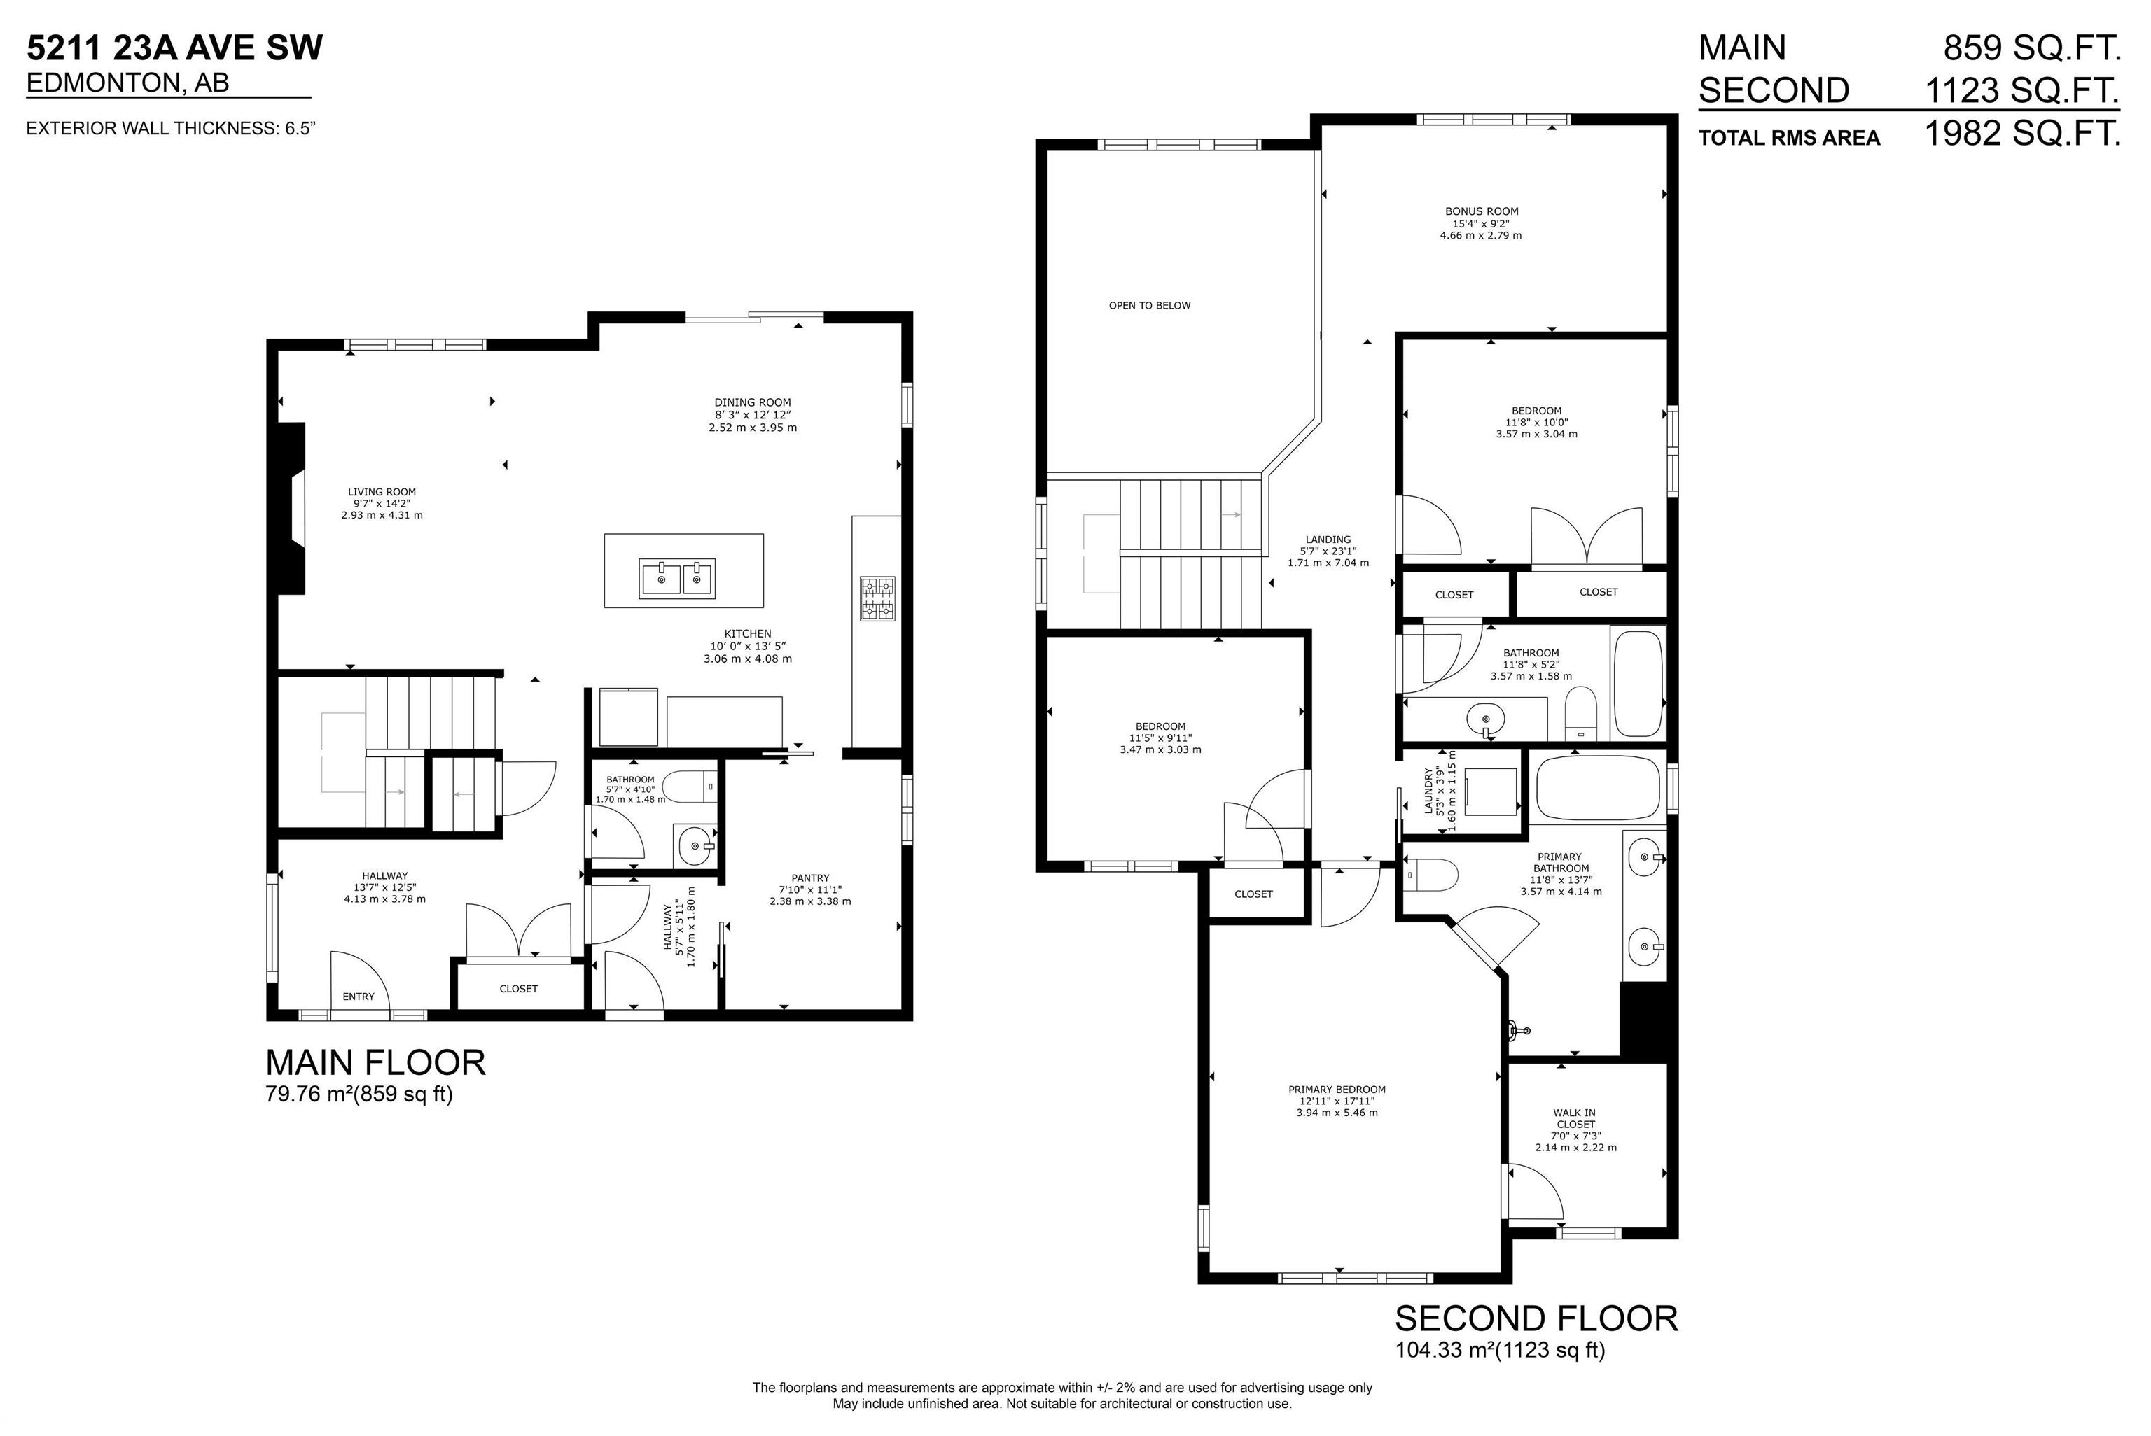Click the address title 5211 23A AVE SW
(174, 48)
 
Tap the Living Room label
(382, 492)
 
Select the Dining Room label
(752, 402)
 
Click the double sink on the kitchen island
(678, 579)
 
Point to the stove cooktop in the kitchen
(877, 599)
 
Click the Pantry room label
(810, 878)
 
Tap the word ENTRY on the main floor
(358, 997)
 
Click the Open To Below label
(1150, 305)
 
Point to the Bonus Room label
(1482, 211)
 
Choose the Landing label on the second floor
(1328, 540)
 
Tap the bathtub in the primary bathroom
(1598, 787)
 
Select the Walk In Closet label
(1575, 1118)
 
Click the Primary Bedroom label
(1337, 1090)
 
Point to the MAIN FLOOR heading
(375, 1062)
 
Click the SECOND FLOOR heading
(1536, 1318)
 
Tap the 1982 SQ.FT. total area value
(2023, 134)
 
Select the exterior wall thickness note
(172, 128)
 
